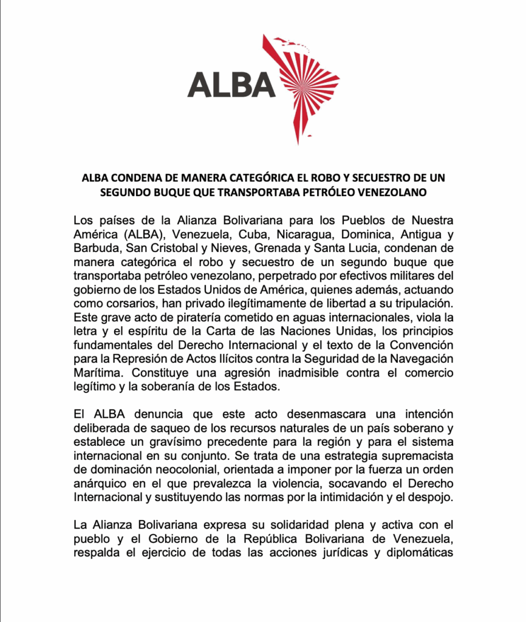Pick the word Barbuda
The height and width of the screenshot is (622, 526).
click(94, 247)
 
